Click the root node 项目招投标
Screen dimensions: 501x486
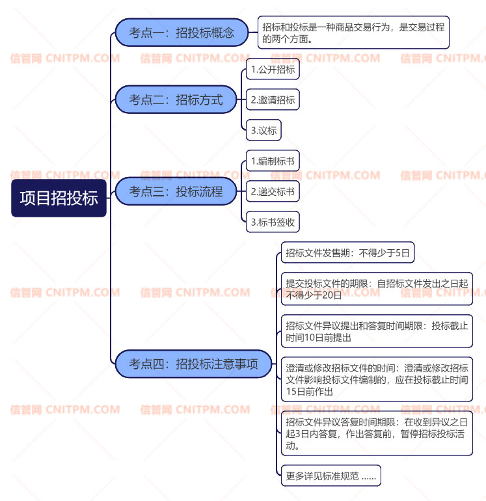pyautogui.click(x=59, y=198)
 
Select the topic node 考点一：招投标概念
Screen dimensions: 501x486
pyautogui.click(x=182, y=33)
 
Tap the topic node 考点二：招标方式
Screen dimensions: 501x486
pyautogui.click(x=176, y=100)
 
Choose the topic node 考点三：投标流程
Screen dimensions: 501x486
pyautogui.click(x=176, y=191)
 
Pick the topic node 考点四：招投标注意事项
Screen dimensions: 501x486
pyautogui.click(x=193, y=364)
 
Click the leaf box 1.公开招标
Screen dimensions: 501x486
pyautogui.click(x=273, y=70)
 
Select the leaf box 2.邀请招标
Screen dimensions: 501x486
pyautogui.click(x=273, y=100)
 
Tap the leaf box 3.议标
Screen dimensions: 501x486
pyautogui.click(x=263, y=130)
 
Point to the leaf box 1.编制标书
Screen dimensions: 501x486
pyautogui.click(x=273, y=161)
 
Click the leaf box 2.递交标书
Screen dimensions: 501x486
pyautogui.click(x=273, y=191)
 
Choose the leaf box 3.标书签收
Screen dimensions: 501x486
pyautogui.click(x=273, y=222)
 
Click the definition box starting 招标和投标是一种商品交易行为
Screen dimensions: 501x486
pyautogui.click(x=353, y=33)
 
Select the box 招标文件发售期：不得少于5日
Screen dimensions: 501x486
pyautogui.click(x=347, y=253)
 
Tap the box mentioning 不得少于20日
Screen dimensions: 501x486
pyautogui.click(x=376, y=289)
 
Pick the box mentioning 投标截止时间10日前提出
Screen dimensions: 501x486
pyautogui.click(x=376, y=331)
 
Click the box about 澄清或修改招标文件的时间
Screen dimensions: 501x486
pyautogui.click(x=376, y=379)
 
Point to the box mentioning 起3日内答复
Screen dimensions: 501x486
pyautogui.click(x=376, y=433)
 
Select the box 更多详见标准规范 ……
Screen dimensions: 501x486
pyautogui.click(x=331, y=476)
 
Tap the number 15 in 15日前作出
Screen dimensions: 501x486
pyautogui.click(x=292, y=392)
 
